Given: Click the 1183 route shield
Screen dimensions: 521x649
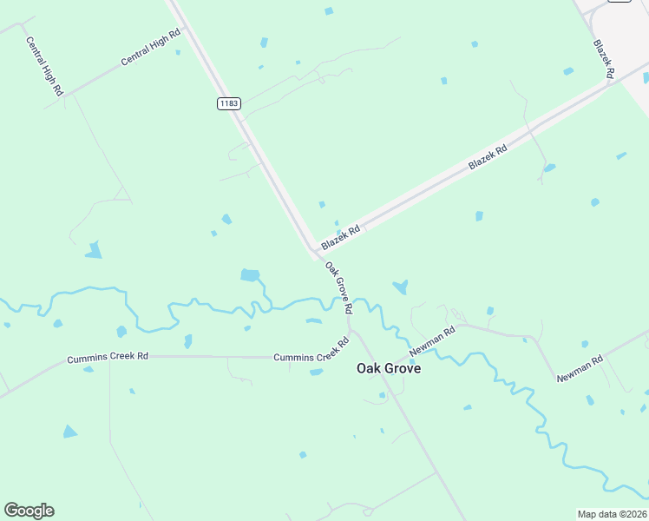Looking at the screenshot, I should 228,103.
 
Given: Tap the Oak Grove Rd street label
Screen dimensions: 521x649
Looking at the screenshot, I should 339,287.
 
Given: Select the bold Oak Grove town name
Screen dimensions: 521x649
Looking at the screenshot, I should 389,368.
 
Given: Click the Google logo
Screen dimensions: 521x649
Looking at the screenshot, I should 29,511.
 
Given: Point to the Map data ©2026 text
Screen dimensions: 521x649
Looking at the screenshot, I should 613,514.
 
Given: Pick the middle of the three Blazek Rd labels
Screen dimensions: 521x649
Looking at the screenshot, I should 487,156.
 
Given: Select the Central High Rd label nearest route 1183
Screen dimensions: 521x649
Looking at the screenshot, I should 150,47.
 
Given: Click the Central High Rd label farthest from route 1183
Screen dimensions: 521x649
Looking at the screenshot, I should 44,66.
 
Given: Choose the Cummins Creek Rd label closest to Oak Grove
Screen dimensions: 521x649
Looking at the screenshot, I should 311,356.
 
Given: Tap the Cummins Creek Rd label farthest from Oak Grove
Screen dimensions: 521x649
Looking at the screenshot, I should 108,357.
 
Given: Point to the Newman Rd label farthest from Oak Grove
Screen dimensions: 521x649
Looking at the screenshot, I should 580,369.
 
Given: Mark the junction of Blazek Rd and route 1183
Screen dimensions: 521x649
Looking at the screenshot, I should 313,251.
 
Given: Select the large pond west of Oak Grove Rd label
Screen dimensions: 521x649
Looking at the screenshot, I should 250,275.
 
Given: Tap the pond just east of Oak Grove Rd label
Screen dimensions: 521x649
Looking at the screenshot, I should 400,287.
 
